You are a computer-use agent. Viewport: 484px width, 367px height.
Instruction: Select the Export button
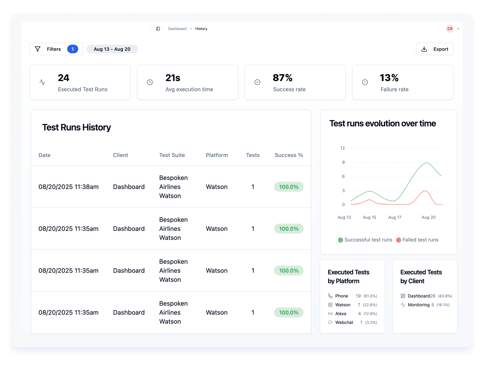[x=434, y=49]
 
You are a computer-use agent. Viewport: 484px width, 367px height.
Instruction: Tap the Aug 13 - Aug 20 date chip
[x=112, y=49]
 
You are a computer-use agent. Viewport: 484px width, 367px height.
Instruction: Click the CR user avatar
[x=450, y=29]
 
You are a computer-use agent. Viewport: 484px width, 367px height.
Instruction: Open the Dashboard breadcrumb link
[x=177, y=29]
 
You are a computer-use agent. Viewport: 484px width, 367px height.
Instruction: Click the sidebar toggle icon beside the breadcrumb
[x=158, y=29]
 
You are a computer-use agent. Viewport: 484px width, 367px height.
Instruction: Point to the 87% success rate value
[x=283, y=78]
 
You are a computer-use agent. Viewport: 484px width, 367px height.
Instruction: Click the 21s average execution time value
[x=173, y=78]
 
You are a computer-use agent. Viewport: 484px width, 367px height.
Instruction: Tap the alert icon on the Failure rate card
[x=365, y=82]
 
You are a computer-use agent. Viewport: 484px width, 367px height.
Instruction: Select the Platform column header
[x=217, y=155]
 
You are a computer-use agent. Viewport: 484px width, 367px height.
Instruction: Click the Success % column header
[x=289, y=155]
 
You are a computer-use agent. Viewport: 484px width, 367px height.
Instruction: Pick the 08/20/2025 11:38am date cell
[x=68, y=187]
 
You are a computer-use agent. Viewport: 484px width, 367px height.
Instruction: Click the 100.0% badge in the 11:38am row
[x=289, y=187]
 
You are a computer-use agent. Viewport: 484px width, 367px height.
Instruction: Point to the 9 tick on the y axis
[x=343, y=162]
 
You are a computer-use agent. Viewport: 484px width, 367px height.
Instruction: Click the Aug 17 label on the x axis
[x=395, y=217]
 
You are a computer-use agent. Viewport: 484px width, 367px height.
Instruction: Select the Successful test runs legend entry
[x=368, y=240]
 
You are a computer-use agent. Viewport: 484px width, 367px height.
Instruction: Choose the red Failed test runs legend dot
[x=398, y=240]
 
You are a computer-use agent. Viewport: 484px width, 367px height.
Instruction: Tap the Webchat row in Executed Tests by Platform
[x=344, y=322]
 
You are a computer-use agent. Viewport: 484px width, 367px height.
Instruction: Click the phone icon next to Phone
[x=330, y=296]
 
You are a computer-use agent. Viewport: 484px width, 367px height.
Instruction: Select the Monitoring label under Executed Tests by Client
[x=419, y=305]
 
